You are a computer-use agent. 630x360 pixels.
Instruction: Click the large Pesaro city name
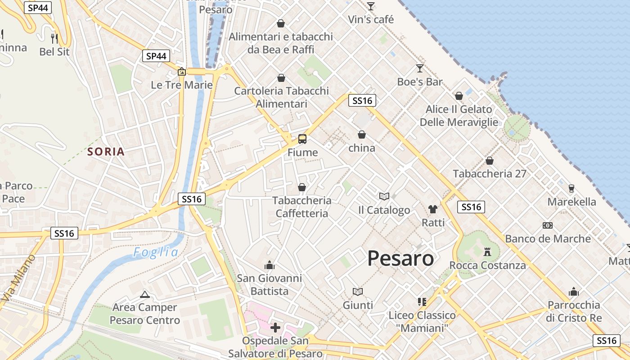[x=400, y=258]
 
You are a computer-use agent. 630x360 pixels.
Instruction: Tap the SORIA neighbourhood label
[x=106, y=152]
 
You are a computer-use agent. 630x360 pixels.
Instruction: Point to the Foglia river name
[x=156, y=252]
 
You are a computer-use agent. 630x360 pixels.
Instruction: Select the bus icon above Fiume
[x=302, y=139]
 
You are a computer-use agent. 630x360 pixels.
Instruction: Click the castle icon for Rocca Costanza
[x=487, y=252]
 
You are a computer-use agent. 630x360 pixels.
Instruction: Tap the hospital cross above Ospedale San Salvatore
[x=275, y=327]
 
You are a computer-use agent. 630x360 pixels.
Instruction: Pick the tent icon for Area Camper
[x=144, y=294]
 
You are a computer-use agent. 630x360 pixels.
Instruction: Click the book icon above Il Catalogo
[x=384, y=196]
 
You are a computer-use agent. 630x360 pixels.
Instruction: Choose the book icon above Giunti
[x=358, y=292]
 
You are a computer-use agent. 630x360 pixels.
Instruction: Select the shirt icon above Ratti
[x=433, y=209]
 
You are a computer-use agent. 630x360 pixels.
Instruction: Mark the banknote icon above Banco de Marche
[x=548, y=225]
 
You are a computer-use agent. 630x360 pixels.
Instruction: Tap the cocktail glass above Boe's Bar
[x=420, y=68]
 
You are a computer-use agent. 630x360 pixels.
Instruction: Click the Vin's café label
[x=371, y=19]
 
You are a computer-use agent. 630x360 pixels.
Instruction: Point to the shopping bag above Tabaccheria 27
[x=490, y=160]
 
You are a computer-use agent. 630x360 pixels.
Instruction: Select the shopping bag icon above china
[x=361, y=135]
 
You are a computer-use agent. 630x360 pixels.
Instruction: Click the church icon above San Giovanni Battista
[x=270, y=265]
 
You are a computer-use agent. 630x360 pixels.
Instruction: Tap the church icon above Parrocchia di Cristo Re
[x=573, y=292]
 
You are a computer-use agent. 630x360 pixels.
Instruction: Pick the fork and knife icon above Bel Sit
[x=54, y=38]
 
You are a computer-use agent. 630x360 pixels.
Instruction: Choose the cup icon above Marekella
[x=571, y=188]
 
